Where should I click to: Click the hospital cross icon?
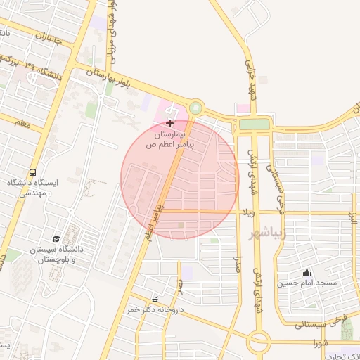[x=169, y=123]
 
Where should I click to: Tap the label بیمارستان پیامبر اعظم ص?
[x=169, y=139]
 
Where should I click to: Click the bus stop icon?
[x=32, y=172]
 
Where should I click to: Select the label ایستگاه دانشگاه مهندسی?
[x=33, y=188]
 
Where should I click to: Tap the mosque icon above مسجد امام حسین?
[x=307, y=272]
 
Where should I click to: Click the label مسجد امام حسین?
[x=307, y=283]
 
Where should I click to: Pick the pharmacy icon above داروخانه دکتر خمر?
[x=155, y=300]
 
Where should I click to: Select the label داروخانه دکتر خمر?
[x=155, y=309]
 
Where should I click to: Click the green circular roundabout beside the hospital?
[x=195, y=109]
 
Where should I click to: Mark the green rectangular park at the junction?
[x=254, y=124]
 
